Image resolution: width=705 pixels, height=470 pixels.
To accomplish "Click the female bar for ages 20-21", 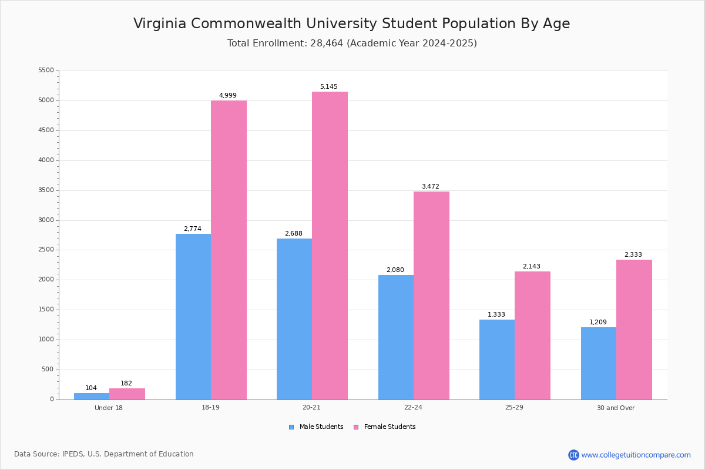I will (330, 246).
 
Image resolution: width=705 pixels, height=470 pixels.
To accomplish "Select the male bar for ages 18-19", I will (193, 317).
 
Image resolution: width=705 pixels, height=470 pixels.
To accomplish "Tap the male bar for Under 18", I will (92, 396).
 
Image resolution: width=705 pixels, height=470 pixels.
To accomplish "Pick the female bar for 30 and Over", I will (634, 330).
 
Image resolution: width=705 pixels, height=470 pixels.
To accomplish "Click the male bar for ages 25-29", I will (497, 360).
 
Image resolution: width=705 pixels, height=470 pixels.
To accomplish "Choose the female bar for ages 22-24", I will (431, 296).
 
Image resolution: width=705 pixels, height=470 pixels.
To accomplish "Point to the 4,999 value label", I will (228, 96).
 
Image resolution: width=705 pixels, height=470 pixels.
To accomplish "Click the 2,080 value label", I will (395, 270).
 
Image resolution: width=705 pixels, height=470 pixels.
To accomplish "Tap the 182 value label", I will (126, 384).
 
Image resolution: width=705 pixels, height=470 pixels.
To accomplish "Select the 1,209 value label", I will (598, 323).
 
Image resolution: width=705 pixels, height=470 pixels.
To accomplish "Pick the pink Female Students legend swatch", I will (356, 427).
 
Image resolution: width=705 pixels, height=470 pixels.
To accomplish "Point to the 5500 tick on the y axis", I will (46, 70).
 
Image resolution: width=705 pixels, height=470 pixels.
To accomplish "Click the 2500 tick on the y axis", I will (46, 250).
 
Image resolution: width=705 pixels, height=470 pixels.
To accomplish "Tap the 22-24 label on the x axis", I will (413, 408).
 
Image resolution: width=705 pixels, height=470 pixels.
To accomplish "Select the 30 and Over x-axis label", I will (616, 408).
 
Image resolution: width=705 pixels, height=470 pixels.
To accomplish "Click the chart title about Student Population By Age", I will (351, 23).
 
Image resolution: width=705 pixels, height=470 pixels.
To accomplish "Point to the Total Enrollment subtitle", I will (352, 43).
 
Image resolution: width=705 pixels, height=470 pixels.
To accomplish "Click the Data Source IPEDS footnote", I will (104, 454).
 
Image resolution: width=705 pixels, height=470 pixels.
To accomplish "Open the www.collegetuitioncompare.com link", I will (636, 455).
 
